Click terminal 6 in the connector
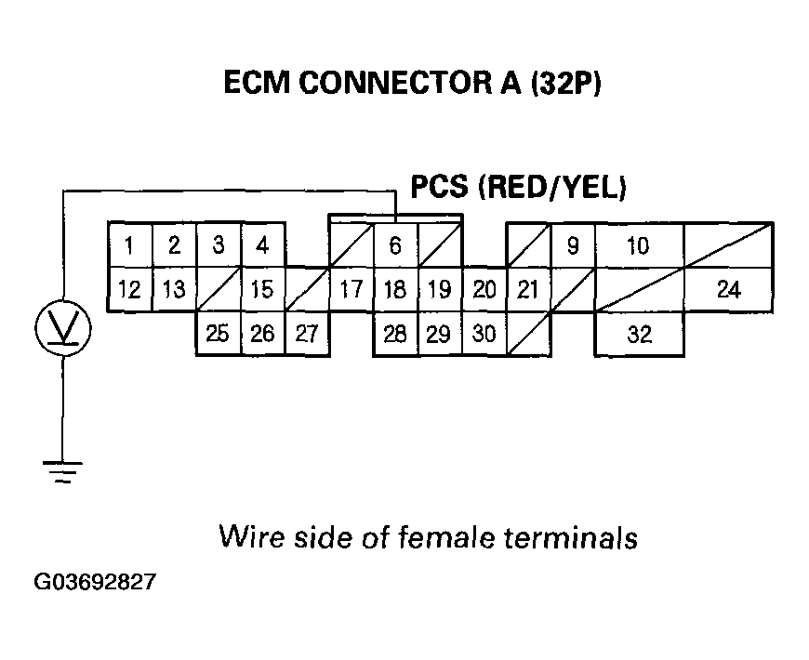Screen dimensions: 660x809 395,246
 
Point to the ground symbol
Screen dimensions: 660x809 62,471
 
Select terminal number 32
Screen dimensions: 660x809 639,335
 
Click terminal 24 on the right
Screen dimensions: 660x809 728,290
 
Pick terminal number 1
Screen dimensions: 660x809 130,246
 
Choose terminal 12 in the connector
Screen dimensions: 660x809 130,290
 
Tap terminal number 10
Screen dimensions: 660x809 638,246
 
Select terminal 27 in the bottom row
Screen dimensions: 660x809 307,335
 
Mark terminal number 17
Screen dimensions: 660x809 351,290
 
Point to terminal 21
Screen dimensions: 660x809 527,290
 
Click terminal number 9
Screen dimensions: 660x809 573,246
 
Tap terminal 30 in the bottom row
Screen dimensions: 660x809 484,335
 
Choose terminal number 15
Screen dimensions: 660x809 263,290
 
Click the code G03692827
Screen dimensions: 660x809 95,584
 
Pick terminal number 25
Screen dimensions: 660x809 219,335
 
